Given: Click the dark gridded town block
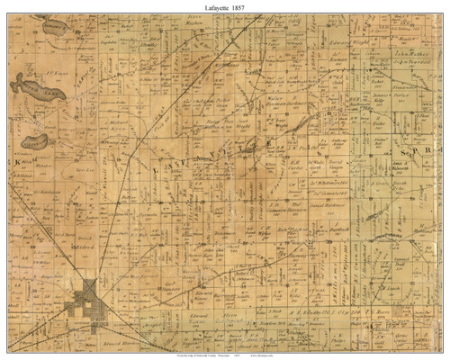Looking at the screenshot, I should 89,291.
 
